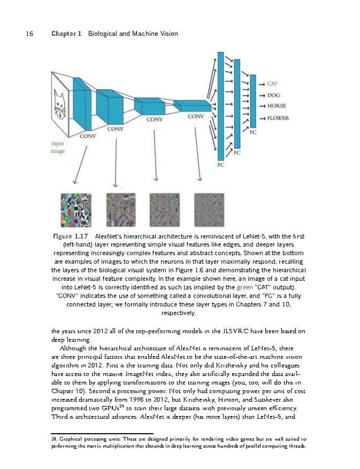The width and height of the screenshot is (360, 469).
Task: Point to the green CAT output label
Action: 272,84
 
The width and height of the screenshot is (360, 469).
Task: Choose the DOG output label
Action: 273,95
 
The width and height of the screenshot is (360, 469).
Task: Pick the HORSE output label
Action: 277,106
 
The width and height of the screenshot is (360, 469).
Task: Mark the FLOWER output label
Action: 278,118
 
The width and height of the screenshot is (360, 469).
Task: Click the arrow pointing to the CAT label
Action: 262,84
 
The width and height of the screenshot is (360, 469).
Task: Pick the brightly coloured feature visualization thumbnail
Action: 76,210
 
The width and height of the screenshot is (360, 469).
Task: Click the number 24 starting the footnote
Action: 54,439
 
